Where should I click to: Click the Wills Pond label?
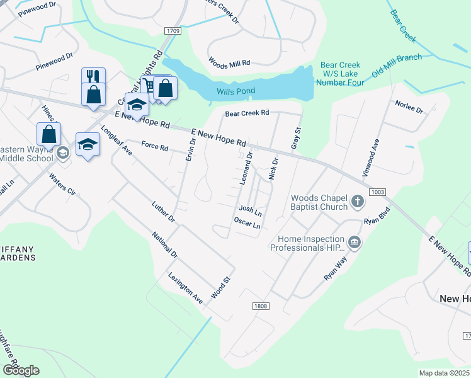tap(235, 91)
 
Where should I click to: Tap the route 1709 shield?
tap(174, 30)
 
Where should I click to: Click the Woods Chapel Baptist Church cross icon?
tap(358, 202)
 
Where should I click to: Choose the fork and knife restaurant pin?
tap(93, 77)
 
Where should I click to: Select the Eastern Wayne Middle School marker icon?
tap(62, 153)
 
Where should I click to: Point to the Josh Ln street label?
tap(249, 210)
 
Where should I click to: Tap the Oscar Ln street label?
tap(247, 224)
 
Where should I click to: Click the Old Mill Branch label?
tap(396, 66)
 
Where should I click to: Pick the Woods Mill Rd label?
tap(229, 63)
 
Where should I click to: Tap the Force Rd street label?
tap(154, 147)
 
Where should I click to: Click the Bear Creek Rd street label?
tap(247, 113)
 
